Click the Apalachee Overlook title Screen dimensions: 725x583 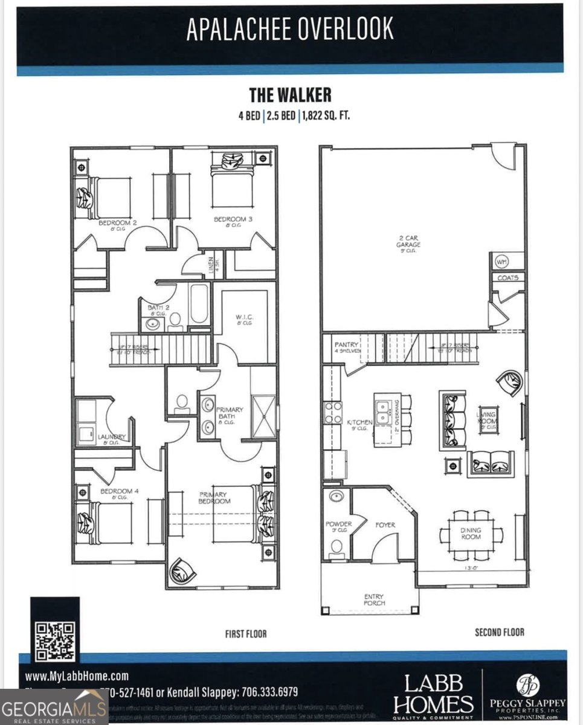click(x=290, y=29)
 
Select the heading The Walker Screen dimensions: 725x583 click(x=290, y=95)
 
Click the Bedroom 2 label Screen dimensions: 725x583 click(x=118, y=223)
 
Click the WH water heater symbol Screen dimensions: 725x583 click(x=501, y=262)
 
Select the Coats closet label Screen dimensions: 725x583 click(x=508, y=278)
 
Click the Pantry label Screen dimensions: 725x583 click(x=346, y=345)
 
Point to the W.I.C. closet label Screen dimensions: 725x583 click(x=243, y=319)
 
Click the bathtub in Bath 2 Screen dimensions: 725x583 click(x=199, y=304)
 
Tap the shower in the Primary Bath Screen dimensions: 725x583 click(x=263, y=416)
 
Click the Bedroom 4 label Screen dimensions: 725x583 click(x=119, y=492)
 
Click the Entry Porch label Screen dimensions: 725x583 click(x=375, y=600)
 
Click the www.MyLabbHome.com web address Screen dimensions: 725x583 click(x=77, y=676)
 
